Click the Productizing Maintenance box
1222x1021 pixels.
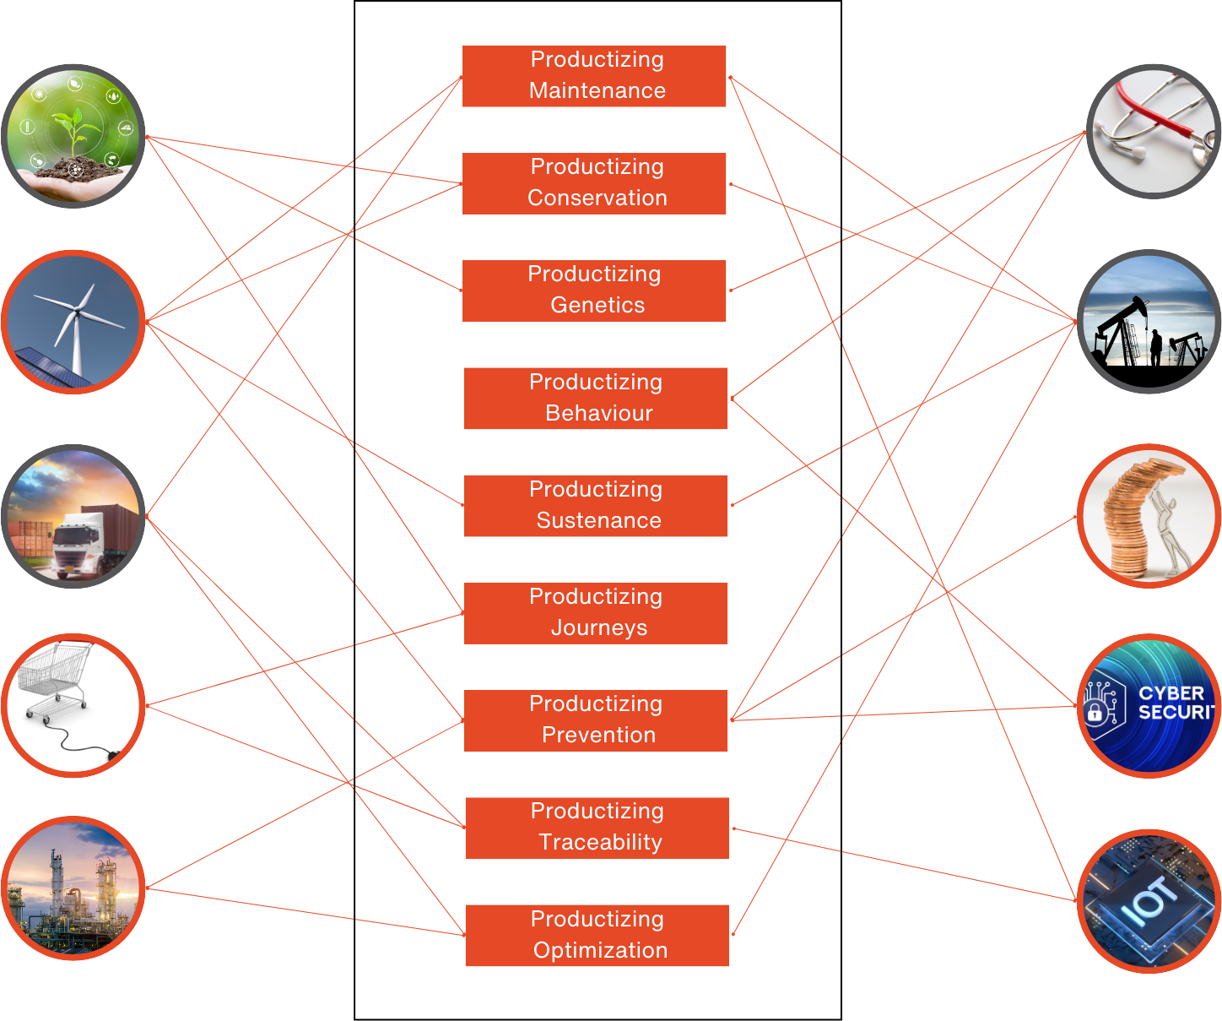pyautogui.click(x=597, y=76)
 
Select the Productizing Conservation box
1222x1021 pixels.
pyautogui.click(x=597, y=183)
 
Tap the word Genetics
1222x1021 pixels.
pyautogui.click(x=597, y=306)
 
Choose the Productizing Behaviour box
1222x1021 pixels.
pyautogui.click(x=597, y=398)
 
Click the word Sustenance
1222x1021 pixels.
pyautogui.click(x=598, y=521)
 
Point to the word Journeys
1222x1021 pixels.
pyautogui.click(x=599, y=628)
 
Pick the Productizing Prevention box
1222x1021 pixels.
pyautogui.click(x=597, y=720)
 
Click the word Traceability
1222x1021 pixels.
pyautogui.click(x=600, y=843)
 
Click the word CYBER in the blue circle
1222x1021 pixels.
pyautogui.click(x=1171, y=693)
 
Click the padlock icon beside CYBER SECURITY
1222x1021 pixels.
pyautogui.click(x=1095, y=712)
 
